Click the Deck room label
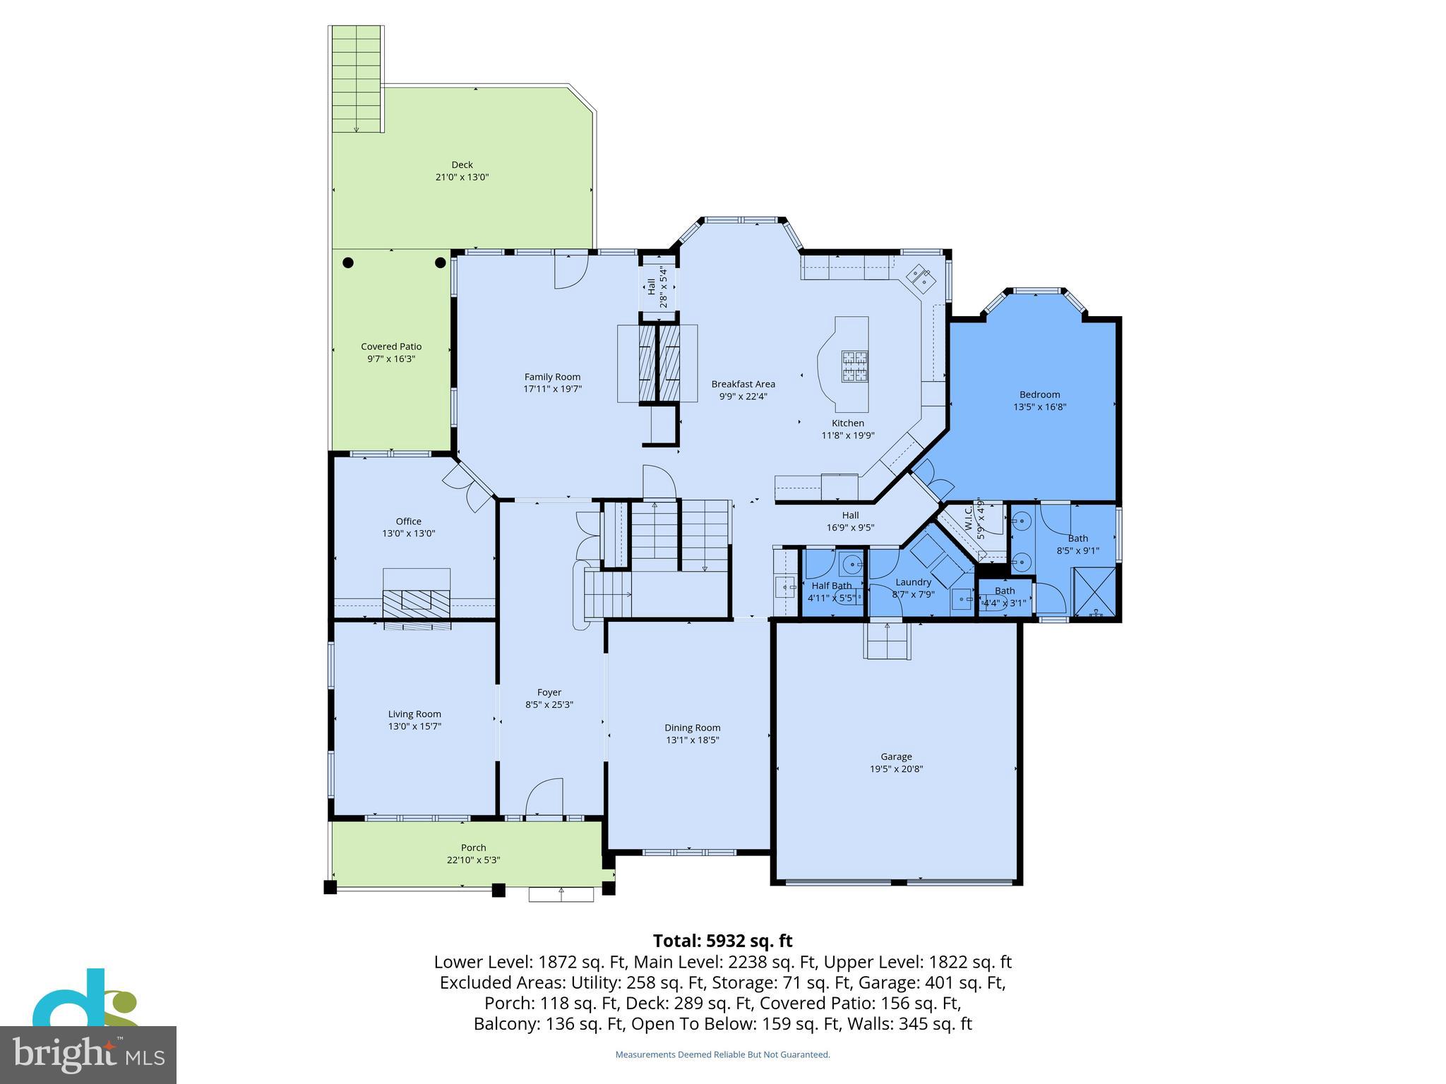(462, 164)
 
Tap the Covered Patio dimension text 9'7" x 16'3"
(390, 359)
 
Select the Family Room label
(552, 377)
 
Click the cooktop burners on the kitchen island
(854, 366)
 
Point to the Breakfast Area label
(743, 384)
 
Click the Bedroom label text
(1039, 395)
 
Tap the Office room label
(408, 522)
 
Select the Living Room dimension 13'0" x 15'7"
(414, 726)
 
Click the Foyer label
(549, 692)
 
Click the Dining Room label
(692, 728)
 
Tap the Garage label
(896, 757)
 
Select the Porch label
(473, 848)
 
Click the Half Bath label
(831, 586)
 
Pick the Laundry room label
(913, 582)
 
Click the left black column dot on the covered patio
(348, 263)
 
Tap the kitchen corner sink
(921, 278)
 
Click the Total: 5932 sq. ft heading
(722, 941)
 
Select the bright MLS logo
(88, 1054)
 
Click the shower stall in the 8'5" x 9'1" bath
(1095, 593)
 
